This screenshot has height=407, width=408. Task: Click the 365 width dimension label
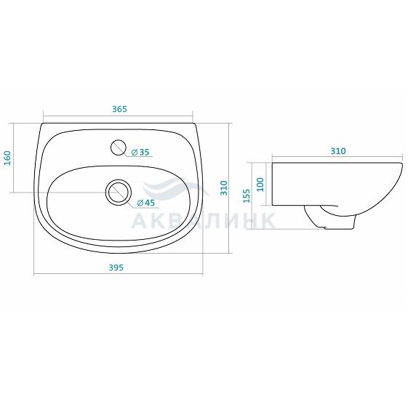[119, 109]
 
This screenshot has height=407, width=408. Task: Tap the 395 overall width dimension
[116, 267]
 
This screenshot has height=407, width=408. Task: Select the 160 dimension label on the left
[7, 158]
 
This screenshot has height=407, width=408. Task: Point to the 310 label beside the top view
[224, 188]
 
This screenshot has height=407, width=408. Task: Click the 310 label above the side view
[338, 151]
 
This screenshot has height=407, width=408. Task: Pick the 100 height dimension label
[260, 185]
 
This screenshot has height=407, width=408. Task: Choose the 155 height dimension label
[246, 196]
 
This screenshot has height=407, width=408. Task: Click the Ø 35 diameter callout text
[140, 152]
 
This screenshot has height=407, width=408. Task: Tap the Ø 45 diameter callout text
[145, 203]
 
